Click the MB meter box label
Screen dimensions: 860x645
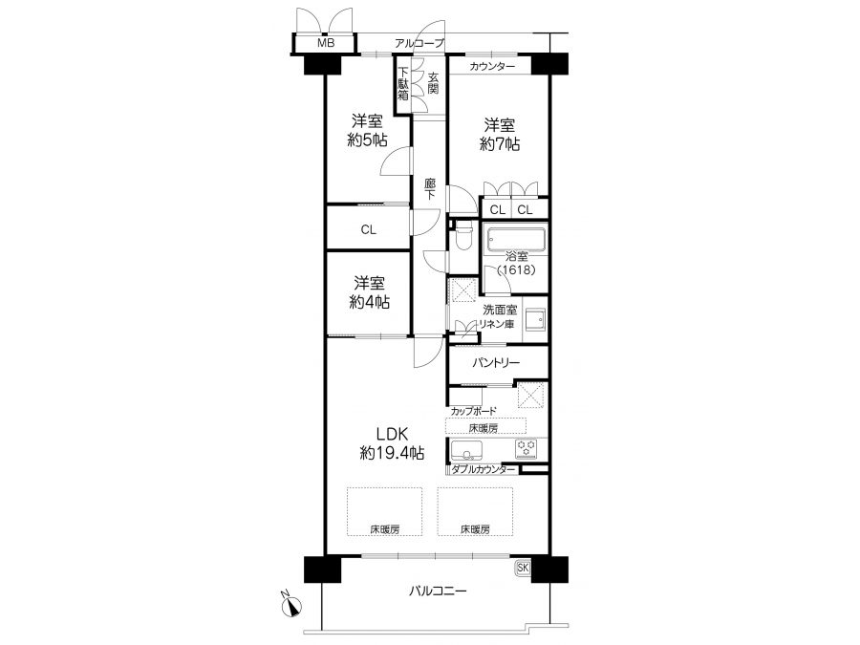[326, 43]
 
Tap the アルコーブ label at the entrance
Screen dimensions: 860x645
[419, 43]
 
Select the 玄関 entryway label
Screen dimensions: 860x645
[433, 83]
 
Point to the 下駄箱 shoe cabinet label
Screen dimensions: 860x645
[403, 83]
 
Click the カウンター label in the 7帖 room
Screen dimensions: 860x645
[492, 66]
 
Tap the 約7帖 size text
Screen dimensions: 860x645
[500, 143]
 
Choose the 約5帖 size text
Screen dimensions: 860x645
[367, 140]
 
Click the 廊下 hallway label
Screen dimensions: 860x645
[430, 188]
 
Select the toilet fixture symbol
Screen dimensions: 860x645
[464, 235]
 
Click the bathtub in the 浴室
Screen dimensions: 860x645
[516, 239]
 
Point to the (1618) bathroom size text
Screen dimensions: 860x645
[516, 269]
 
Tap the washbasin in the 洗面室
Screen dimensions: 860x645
[535, 320]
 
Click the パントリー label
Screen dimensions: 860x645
[496, 362]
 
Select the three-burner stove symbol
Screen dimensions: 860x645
[526, 449]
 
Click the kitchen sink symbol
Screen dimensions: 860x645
[466, 450]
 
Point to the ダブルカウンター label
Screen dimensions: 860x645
[484, 469]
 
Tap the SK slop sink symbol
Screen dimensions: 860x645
[523, 568]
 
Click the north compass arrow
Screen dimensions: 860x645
[291, 605]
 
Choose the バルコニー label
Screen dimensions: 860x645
[438, 591]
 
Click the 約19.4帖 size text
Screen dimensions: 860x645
[392, 453]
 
